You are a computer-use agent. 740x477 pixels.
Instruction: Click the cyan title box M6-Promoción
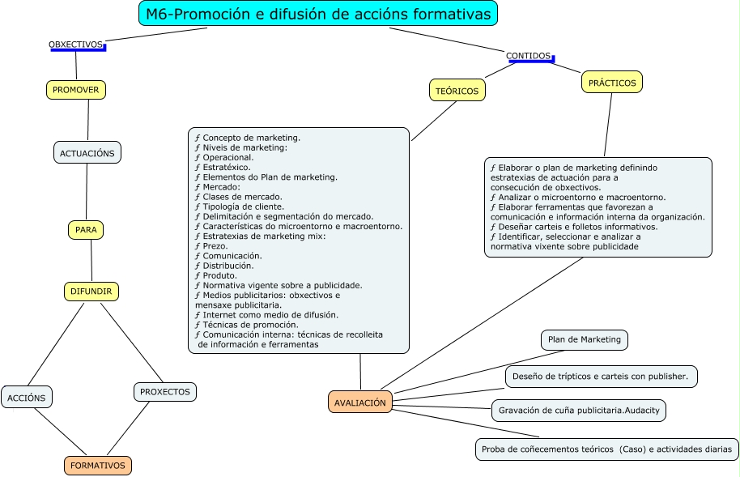318,15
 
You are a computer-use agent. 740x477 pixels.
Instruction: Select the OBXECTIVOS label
76,44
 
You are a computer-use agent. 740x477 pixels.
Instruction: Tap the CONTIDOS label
529,56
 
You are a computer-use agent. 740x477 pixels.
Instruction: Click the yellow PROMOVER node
76,90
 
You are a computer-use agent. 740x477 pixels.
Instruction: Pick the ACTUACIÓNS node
87,152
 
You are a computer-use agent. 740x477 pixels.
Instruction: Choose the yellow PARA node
86,230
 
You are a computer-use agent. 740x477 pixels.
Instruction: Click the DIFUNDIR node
91,292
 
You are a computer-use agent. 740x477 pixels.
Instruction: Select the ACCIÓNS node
27,397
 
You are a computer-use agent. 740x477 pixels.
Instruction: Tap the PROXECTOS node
165,392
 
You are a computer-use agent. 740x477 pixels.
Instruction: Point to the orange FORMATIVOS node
98,466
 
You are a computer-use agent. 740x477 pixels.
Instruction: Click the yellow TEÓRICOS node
457,91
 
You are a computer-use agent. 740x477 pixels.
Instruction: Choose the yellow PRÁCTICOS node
612,82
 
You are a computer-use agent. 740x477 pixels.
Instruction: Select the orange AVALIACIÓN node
360,402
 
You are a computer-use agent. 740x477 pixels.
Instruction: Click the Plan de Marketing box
585,340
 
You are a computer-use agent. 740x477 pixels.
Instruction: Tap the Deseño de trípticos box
602,377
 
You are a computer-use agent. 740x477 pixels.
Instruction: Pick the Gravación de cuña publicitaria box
579,411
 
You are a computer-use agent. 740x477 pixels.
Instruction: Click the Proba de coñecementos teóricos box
606,449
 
